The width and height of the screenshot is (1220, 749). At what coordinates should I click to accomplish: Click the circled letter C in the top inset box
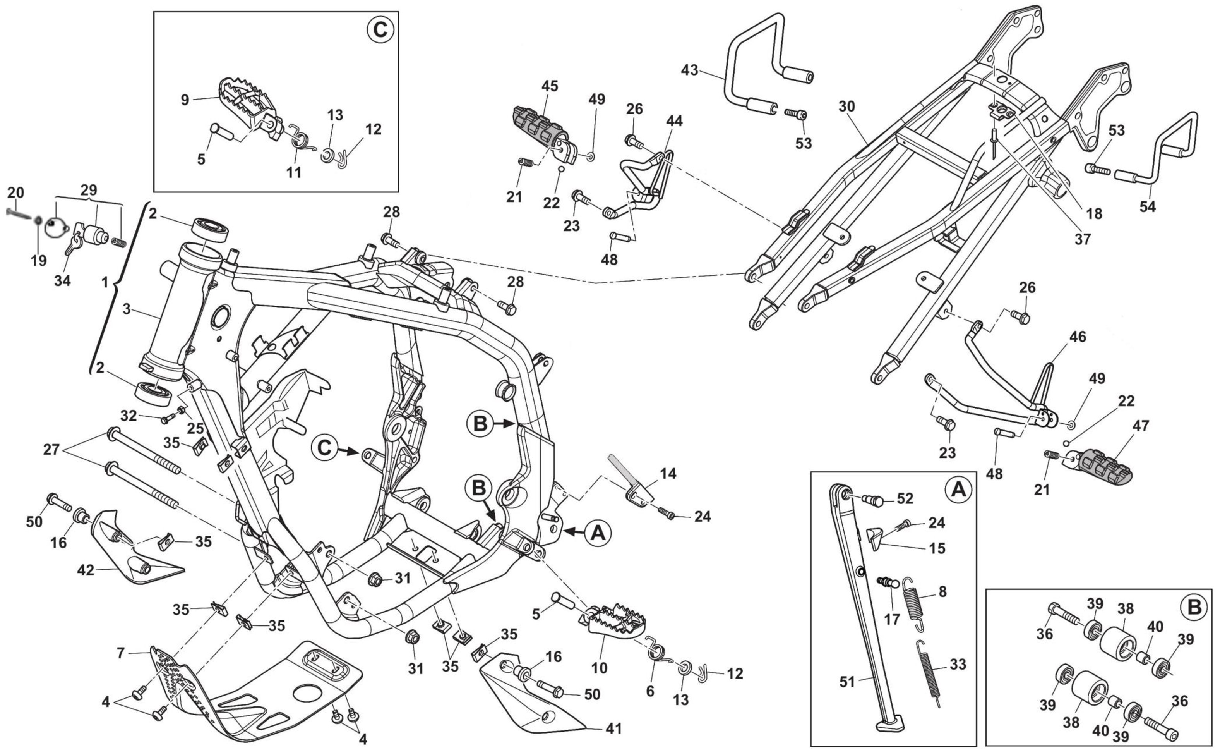tap(380, 30)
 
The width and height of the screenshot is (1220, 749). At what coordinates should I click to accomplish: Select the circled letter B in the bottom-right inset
tap(1194, 607)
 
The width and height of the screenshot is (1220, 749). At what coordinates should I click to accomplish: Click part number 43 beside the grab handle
tap(689, 70)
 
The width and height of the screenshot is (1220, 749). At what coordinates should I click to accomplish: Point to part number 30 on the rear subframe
tap(846, 107)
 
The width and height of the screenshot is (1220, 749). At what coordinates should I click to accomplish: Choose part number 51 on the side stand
tap(847, 682)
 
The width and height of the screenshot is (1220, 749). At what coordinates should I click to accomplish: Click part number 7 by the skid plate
tap(120, 653)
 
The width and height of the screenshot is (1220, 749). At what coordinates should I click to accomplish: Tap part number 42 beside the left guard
tap(85, 570)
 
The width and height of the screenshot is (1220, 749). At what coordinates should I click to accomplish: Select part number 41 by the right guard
tap(613, 728)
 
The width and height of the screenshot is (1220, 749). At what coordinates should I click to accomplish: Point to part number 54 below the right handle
tap(1147, 206)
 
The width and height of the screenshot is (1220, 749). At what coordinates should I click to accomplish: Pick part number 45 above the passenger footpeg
tap(549, 86)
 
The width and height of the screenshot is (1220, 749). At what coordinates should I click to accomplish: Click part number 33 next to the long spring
tap(958, 664)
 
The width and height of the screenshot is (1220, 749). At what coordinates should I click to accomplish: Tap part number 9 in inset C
tap(185, 100)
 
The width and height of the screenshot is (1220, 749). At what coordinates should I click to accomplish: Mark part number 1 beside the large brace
tap(104, 283)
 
